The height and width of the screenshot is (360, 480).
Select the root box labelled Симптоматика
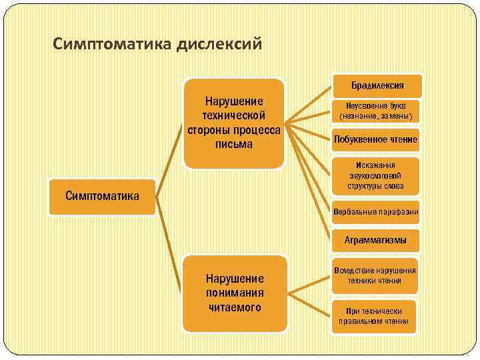click(102, 196)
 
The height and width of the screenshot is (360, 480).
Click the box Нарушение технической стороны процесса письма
click(234, 123)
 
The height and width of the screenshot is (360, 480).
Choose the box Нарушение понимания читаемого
click(235, 293)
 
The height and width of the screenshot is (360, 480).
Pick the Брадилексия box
click(377, 85)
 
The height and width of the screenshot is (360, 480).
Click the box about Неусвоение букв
click(377, 111)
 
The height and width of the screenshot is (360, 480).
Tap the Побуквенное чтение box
click(377, 139)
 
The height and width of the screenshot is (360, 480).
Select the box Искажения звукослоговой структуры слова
click(377, 176)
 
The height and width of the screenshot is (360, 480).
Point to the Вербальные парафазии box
click(377, 213)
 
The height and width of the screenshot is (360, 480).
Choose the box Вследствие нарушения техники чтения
click(377, 275)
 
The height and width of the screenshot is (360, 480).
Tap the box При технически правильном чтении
click(377, 316)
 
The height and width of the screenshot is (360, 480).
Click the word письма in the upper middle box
click(234, 143)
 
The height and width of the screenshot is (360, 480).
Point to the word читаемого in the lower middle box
click(235, 307)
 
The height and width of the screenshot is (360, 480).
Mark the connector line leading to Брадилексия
click(309, 104)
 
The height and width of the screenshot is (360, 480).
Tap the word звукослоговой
click(377, 176)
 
